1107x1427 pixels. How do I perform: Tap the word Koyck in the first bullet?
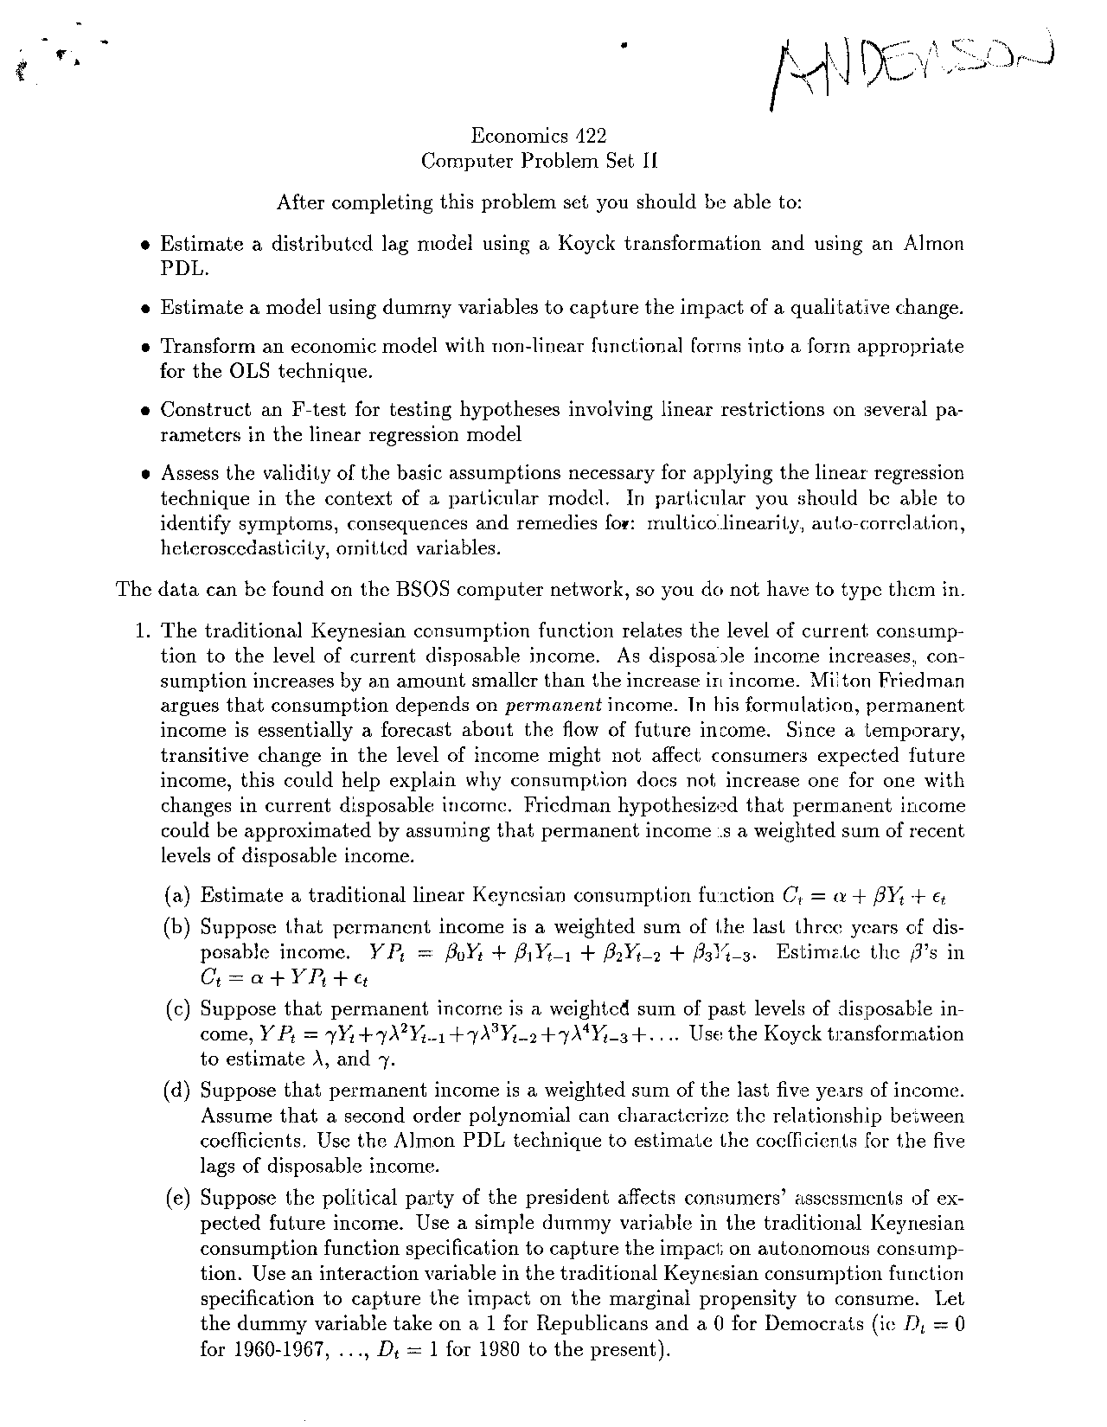click(587, 244)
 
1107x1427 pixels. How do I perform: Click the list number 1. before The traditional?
click(144, 630)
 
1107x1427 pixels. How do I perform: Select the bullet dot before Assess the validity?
click(146, 474)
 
